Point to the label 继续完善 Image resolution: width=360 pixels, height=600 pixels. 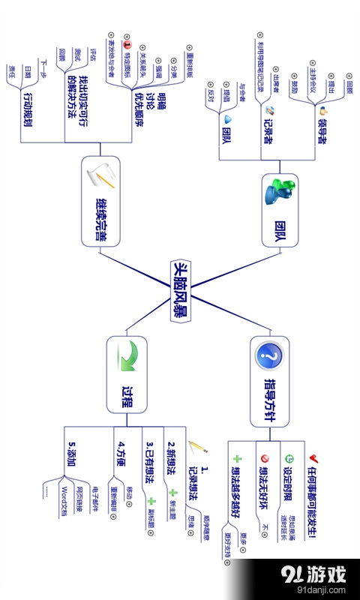click(x=100, y=223)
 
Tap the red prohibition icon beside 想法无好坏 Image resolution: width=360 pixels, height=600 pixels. click(x=262, y=458)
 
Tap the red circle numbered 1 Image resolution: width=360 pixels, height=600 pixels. click(x=127, y=45)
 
